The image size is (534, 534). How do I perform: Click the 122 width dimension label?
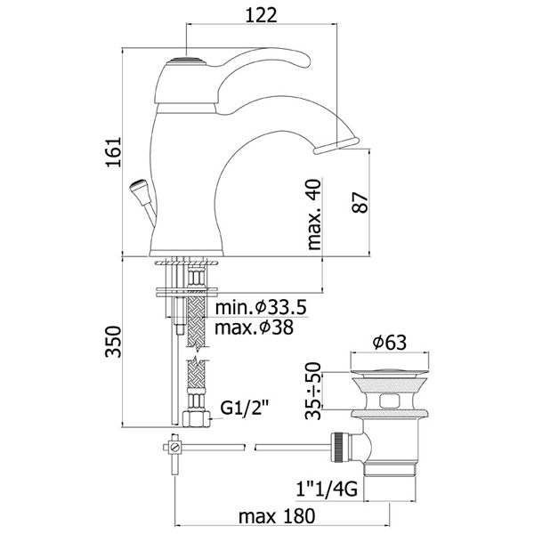[261, 14]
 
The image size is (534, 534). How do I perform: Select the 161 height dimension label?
[113, 152]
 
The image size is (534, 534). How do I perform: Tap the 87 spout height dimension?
[360, 203]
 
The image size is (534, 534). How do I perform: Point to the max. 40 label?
[314, 214]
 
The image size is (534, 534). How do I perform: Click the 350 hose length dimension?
[113, 342]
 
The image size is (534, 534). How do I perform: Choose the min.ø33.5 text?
[261, 307]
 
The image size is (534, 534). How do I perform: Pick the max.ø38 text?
[254, 328]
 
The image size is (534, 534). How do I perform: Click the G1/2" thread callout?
[245, 408]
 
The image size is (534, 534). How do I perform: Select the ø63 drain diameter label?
[390, 342]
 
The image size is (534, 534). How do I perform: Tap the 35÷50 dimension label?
[313, 391]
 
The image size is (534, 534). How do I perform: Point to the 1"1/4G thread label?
[327, 489]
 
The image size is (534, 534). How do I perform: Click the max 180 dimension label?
[277, 516]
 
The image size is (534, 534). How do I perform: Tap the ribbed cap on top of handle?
[186, 61]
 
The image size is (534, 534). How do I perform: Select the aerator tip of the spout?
[336, 145]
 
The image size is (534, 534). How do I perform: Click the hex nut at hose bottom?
[197, 419]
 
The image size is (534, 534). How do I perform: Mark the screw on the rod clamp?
[175, 447]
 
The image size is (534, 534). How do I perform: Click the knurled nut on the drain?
[339, 447]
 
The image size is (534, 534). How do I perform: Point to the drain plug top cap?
[390, 372]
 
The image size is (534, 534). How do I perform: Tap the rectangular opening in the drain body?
[390, 400]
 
